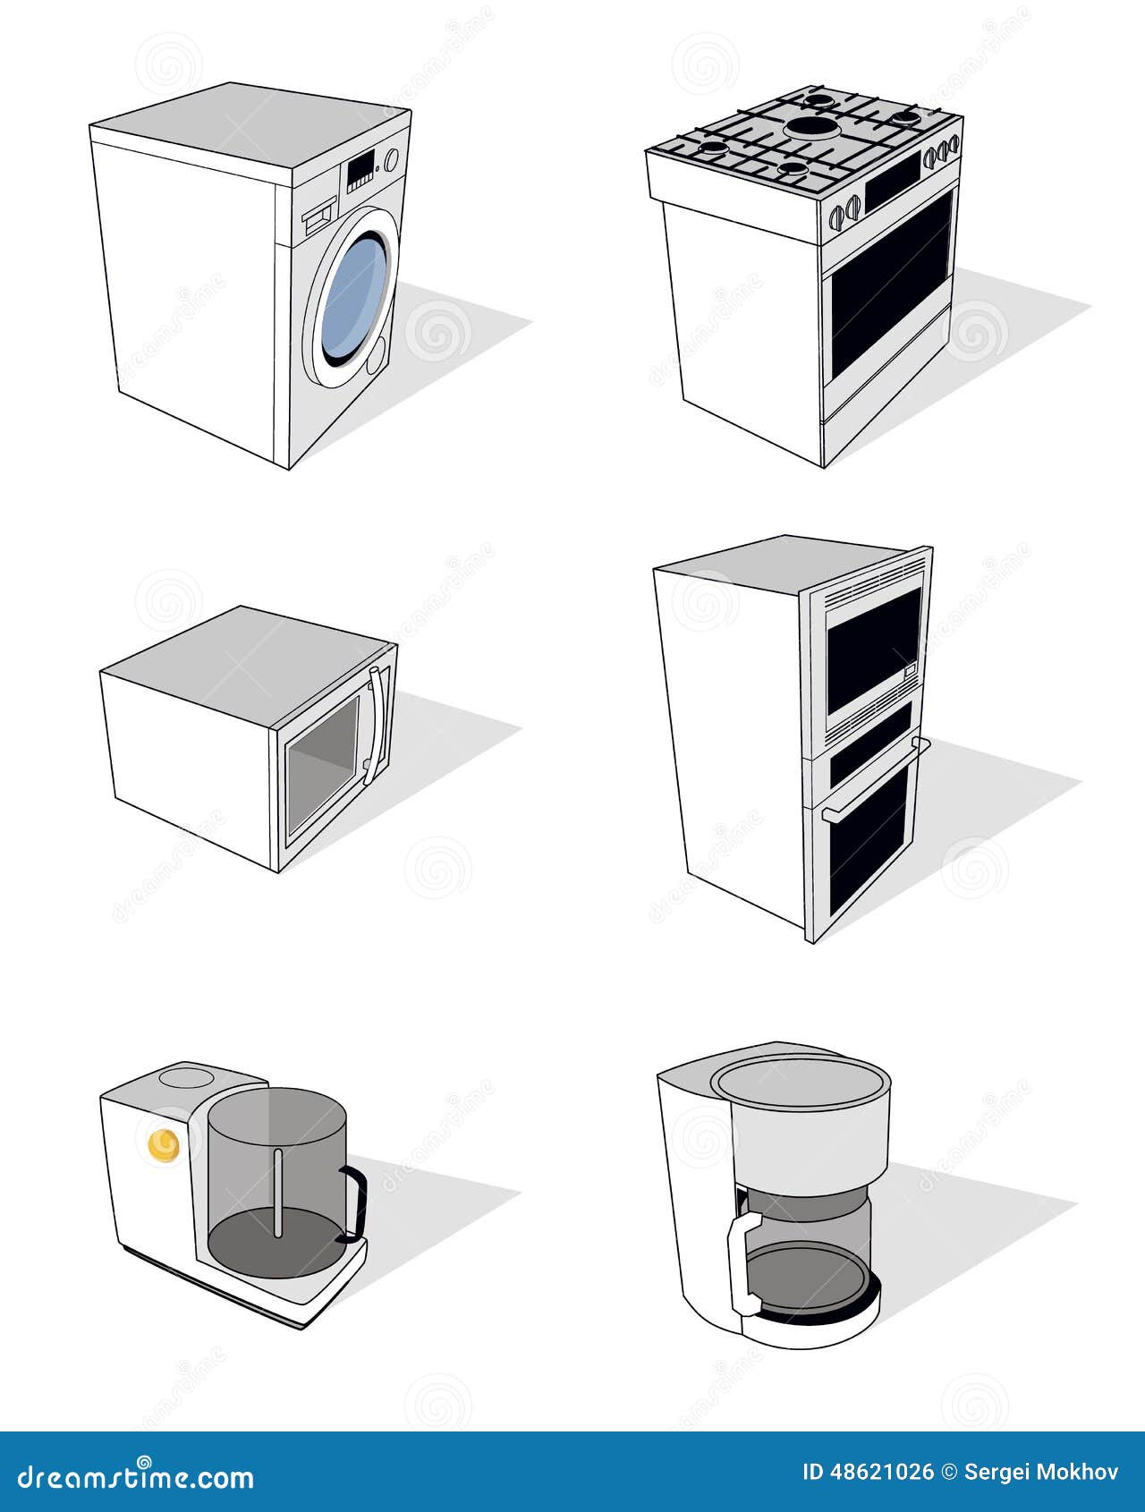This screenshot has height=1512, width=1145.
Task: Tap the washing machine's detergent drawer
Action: pos(318,217)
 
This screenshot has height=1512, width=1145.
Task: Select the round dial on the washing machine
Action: pos(391,159)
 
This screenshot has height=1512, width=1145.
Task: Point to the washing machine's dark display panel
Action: pos(360,168)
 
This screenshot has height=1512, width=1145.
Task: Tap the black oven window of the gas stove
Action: pos(891,282)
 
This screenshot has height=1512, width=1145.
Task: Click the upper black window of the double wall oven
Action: pos(873,648)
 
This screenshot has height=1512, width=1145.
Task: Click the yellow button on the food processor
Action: pos(163,1144)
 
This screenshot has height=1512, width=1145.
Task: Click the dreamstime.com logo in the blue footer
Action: pos(136,1476)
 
